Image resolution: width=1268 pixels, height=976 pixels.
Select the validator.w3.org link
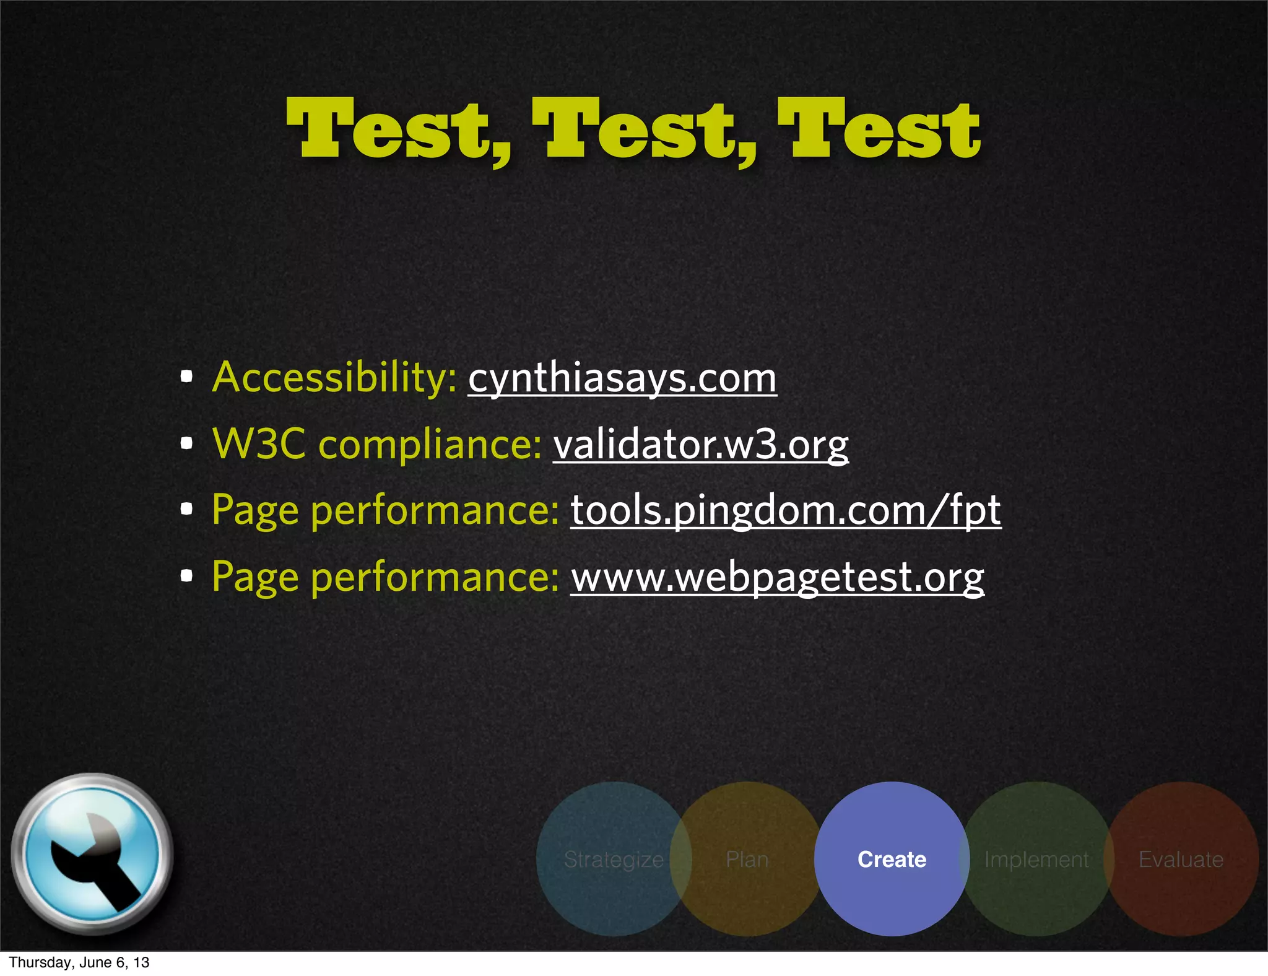point(700,445)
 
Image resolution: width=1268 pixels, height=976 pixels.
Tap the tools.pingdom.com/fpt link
point(785,511)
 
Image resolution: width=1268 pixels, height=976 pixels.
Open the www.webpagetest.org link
point(777,577)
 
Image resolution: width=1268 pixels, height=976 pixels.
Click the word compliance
point(430,445)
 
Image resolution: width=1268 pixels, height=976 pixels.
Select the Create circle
point(892,859)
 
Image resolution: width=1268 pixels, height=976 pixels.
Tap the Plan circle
point(747,859)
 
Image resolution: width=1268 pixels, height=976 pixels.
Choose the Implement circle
point(1036,859)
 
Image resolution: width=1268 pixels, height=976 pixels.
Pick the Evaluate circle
point(1181,859)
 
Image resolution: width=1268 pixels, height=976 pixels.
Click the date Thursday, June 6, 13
point(79,962)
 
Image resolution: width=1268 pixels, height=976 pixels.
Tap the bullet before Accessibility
point(186,376)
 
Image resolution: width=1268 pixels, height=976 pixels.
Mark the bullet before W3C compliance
point(186,443)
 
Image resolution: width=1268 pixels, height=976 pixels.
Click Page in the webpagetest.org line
point(255,577)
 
